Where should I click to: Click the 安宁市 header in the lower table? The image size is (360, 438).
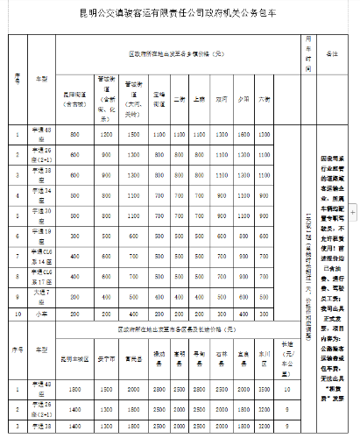point(105,357)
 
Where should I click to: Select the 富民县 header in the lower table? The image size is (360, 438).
point(134,357)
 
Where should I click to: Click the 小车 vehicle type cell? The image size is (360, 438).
point(39,313)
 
